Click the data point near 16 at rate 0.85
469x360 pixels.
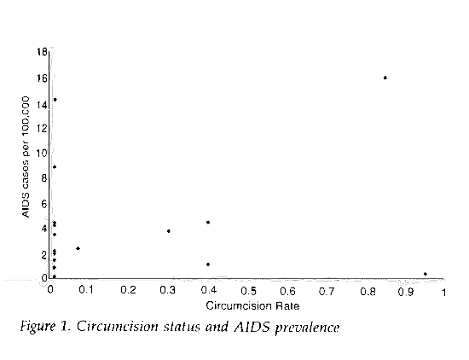pyautogui.click(x=385, y=78)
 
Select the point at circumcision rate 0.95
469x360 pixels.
pyautogui.click(x=425, y=274)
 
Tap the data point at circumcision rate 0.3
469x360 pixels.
pyautogui.click(x=169, y=231)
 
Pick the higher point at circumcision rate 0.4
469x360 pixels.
pyautogui.click(x=208, y=223)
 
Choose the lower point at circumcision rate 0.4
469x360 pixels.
pyautogui.click(x=208, y=264)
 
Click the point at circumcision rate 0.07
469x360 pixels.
pyautogui.click(x=78, y=248)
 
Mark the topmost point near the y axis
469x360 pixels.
pyautogui.click(x=55, y=100)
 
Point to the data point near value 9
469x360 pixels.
pyautogui.click(x=55, y=167)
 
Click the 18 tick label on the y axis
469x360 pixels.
pyautogui.click(x=42, y=53)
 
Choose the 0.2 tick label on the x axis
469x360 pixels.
pyautogui.click(x=129, y=291)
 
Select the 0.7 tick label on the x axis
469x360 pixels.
pyautogui.click(x=328, y=291)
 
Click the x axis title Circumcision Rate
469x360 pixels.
pyautogui.click(x=247, y=304)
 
